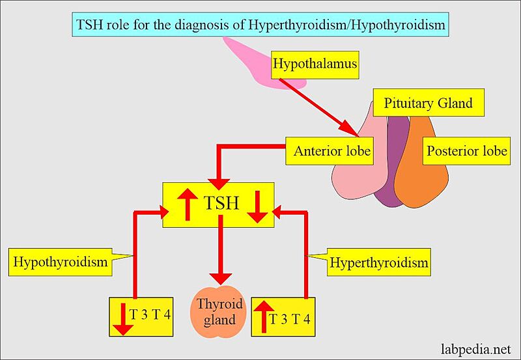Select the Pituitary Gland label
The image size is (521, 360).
coord(428,103)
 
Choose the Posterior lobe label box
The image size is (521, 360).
coord(466,152)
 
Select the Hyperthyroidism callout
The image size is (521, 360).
coord(379,262)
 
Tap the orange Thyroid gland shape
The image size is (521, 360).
coord(219,312)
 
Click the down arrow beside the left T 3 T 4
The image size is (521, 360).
coord(124,317)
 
